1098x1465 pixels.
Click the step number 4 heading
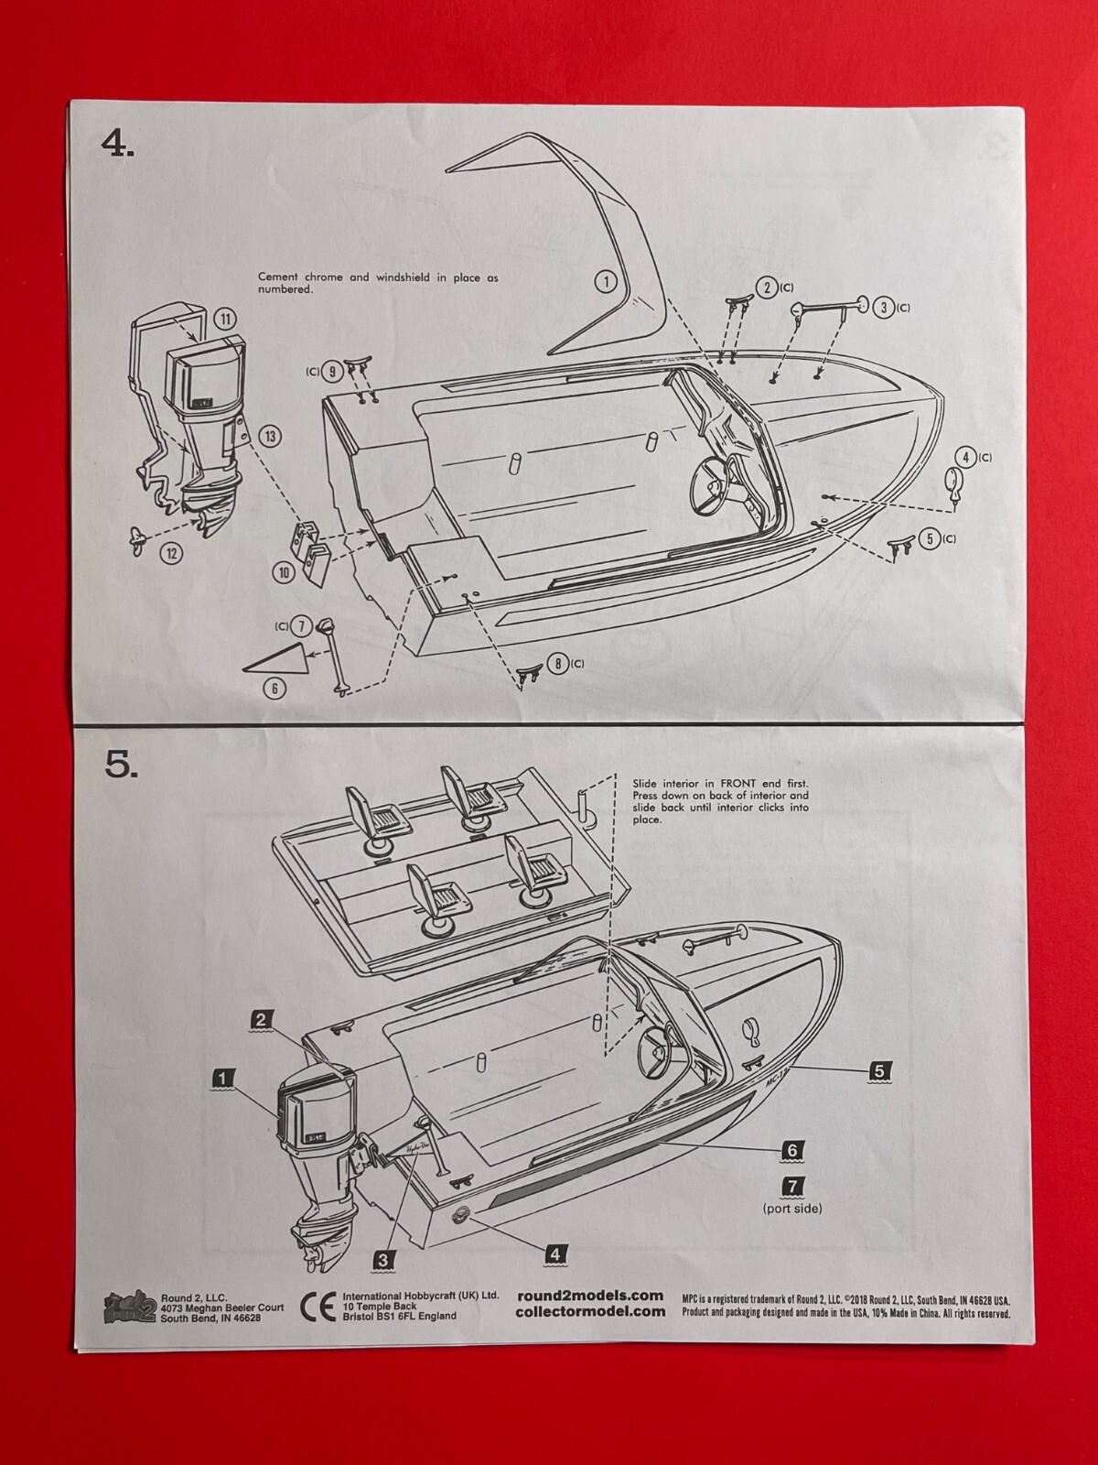tap(118, 144)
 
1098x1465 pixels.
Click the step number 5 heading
tap(121, 765)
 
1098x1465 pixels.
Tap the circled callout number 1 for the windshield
tap(606, 281)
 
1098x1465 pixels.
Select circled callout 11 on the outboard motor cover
tap(225, 320)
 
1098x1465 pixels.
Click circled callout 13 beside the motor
tap(269, 437)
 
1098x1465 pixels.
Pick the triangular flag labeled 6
tap(275, 660)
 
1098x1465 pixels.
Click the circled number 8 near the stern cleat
tap(557, 664)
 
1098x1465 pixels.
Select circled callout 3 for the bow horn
tap(883, 308)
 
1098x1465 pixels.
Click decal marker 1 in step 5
tap(222, 1079)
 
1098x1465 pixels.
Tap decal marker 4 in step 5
tap(554, 1253)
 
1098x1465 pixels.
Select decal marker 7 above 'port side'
tap(792, 1187)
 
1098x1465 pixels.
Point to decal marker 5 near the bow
tap(878, 1069)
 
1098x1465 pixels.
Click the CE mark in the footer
tap(313, 1307)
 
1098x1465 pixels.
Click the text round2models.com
tap(589, 1295)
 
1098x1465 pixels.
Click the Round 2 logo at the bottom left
tap(128, 1307)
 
